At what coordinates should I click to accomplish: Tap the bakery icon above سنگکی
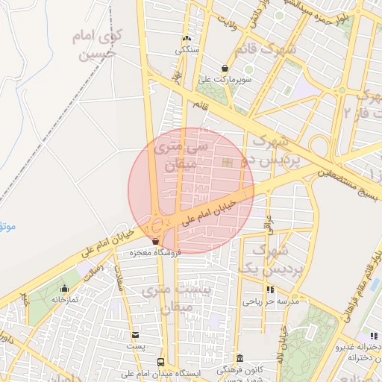tap(186, 39)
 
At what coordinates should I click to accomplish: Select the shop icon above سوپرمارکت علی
tap(225, 68)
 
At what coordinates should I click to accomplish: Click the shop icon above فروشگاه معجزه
tap(155, 242)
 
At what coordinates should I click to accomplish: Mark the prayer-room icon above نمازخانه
tap(64, 288)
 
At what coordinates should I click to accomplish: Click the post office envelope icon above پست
tap(135, 335)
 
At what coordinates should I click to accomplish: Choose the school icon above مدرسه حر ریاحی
tap(269, 290)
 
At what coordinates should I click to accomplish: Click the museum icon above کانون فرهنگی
tap(239, 358)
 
